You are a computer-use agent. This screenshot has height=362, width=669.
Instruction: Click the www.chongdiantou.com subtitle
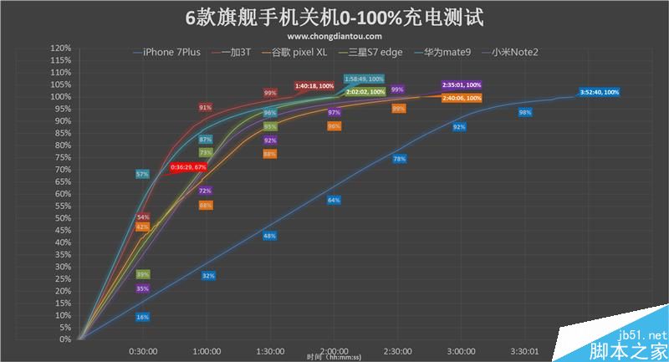coord(334,37)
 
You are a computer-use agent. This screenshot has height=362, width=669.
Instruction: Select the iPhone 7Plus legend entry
coord(171,52)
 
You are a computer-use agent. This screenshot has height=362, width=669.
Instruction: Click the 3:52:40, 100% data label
coord(600,92)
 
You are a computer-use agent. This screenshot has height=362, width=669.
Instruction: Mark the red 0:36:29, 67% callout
coord(188,167)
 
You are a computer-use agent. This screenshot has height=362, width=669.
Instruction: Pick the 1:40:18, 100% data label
coord(314,86)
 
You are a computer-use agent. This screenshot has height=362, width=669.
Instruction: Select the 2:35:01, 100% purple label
coord(462,85)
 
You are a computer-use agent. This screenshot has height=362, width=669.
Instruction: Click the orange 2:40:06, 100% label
coord(462,98)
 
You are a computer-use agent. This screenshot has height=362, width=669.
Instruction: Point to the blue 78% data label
coord(399,159)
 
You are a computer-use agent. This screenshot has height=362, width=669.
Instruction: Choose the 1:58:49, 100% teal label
coord(365,79)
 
